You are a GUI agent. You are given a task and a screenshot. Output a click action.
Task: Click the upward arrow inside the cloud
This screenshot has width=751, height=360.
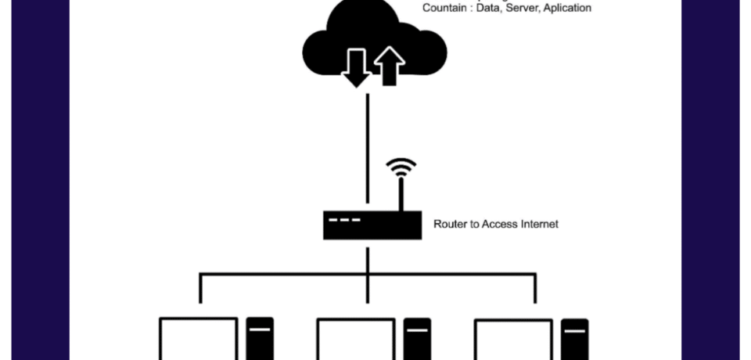pyautogui.click(x=389, y=67)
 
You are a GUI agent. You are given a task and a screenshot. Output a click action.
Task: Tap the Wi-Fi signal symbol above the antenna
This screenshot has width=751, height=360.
pyautogui.click(x=401, y=167)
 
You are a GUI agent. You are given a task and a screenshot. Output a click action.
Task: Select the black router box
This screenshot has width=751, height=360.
pyautogui.click(x=367, y=225)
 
